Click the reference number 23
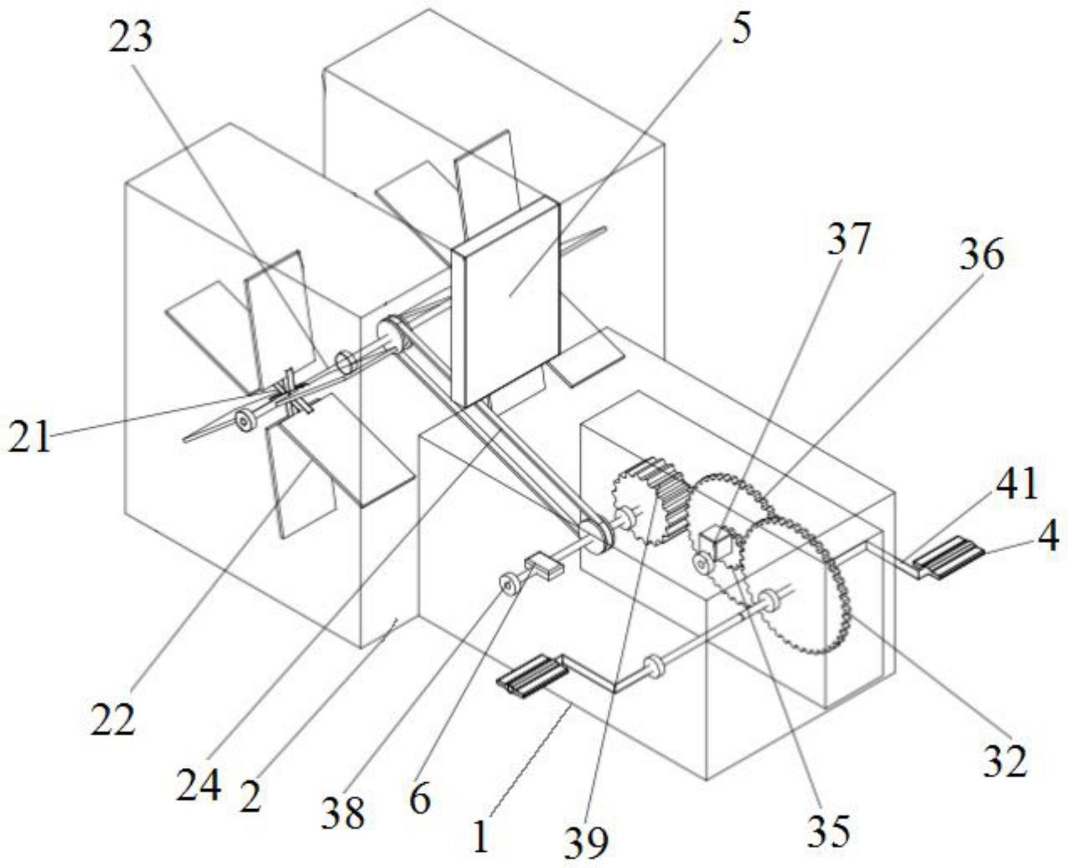pos(131,38)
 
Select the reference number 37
pos(848,239)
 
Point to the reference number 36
pos(982,255)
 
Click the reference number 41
pos(1017,484)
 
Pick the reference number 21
pos(29,437)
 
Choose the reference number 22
pos(112,720)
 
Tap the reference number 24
pos(199,786)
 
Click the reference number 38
pos(343,812)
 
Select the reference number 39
pos(586,841)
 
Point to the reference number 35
pos(829,831)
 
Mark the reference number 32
pos(1004,761)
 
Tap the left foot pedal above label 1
pos(531,675)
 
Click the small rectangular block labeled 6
pos(544,566)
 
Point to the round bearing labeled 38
pos(511,584)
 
